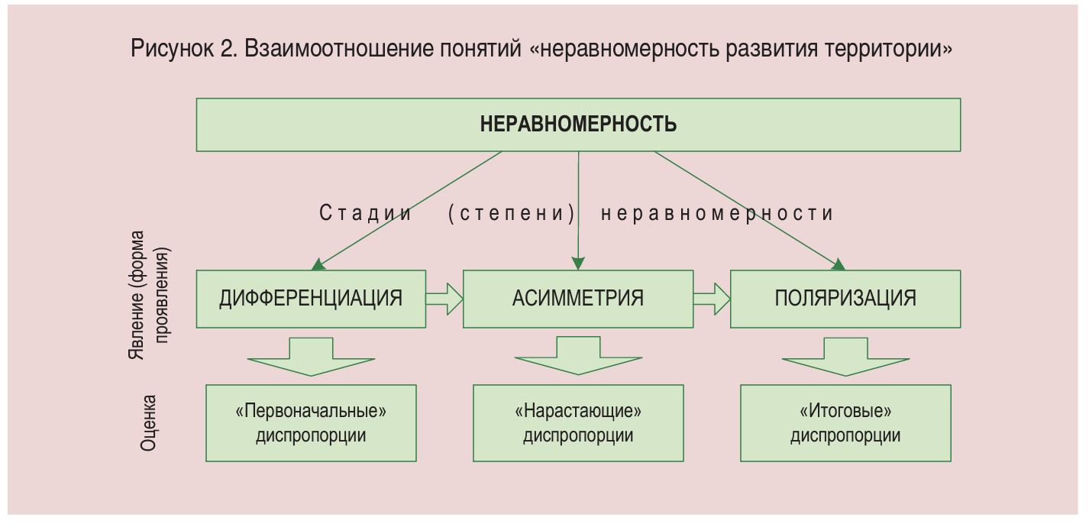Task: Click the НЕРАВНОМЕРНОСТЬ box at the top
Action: (x=578, y=125)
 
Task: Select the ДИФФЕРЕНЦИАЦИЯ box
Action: (x=311, y=298)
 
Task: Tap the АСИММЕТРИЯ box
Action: (x=578, y=298)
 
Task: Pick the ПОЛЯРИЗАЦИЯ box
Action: (x=845, y=298)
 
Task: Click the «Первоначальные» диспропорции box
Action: (x=311, y=423)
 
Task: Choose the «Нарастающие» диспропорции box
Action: (x=578, y=423)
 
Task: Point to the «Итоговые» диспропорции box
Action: (x=845, y=423)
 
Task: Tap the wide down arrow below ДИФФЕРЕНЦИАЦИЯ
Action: (x=311, y=357)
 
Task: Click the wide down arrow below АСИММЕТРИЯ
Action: (x=578, y=357)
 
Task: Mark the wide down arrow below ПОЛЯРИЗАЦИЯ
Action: (x=845, y=357)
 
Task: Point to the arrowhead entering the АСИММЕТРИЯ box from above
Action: (x=578, y=264)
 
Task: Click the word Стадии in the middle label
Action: (x=365, y=213)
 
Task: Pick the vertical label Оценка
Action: (x=150, y=422)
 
